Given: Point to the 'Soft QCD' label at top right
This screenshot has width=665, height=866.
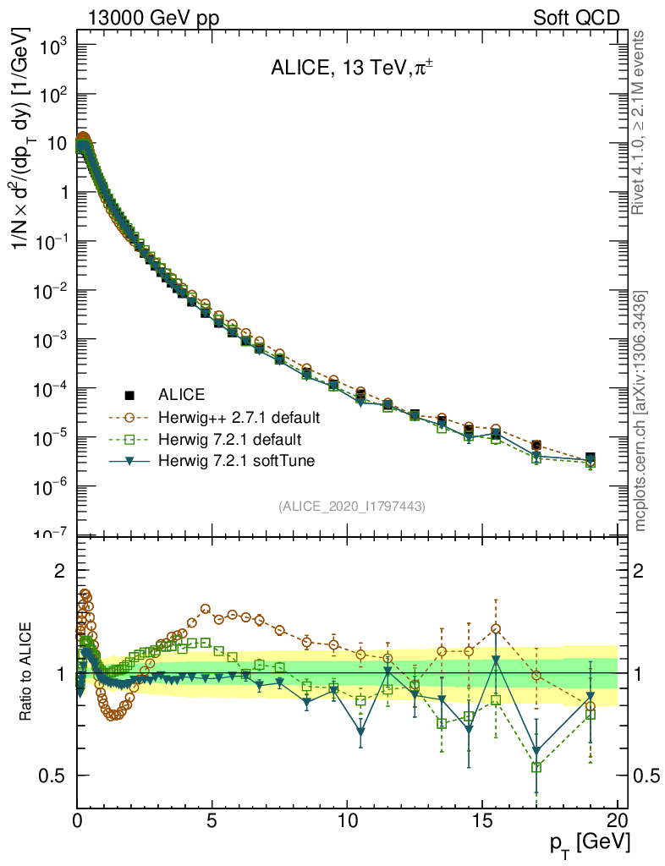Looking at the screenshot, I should (575, 18).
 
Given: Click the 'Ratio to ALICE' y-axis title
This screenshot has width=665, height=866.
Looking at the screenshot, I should (27, 673).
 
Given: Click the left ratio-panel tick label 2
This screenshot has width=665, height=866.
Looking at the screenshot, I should (59, 571).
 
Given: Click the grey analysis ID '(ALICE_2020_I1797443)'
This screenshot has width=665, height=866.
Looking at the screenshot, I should (351, 506).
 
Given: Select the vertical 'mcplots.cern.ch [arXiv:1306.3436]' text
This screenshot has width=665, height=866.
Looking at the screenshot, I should (641, 412).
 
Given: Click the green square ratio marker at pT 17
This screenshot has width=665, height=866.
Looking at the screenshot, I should (536, 767).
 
